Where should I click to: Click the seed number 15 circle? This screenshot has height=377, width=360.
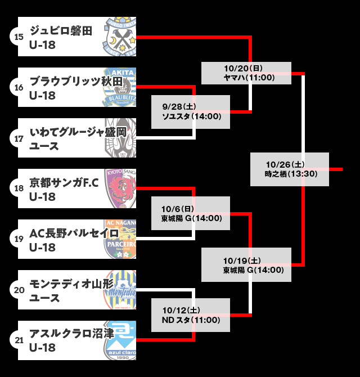[x=19, y=37]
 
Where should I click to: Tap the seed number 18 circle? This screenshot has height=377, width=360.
[x=19, y=188]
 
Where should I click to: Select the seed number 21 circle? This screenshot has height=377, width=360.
[x=19, y=340]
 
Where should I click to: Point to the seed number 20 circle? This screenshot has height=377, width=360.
[x=19, y=290]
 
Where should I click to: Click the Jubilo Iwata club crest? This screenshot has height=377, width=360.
[x=121, y=37]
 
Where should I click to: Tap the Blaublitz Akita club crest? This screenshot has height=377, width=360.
[x=121, y=87]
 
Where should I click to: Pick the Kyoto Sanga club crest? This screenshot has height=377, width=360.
[x=121, y=188]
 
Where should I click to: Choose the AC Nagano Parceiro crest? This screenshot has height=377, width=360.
[x=121, y=239]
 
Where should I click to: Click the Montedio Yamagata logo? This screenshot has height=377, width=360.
[x=121, y=290]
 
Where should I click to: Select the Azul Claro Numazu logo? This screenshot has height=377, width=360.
[x=121, y=340]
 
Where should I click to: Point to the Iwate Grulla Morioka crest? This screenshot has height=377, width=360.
[x=121, y=138]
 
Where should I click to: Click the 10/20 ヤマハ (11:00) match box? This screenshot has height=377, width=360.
[x=246, y=73]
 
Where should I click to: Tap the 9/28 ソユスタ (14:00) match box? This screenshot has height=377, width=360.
[x=191, y=112]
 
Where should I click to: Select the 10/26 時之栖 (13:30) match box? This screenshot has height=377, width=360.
[x=289, y=169]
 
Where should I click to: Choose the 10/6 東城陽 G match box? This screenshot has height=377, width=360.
[x=191, y=213]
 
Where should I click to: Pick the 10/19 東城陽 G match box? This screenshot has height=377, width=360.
[x=246, y=265]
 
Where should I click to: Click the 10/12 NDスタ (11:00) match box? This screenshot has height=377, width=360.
[x=191, y=315]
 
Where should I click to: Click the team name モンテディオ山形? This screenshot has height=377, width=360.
[x=67, y=284]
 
